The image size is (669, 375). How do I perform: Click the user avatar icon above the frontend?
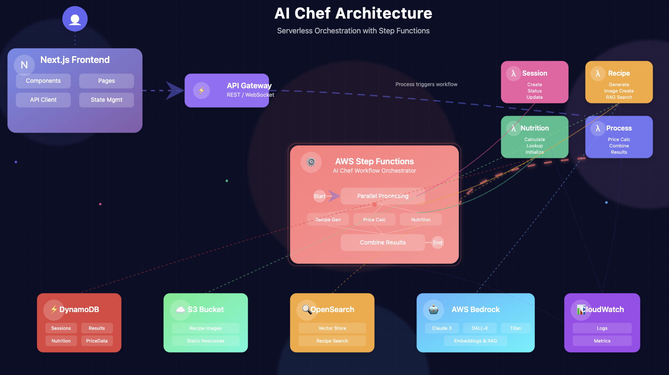pos(75,19)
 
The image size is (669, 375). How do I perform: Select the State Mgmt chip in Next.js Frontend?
pos(106,100)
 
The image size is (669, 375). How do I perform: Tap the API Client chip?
pos(43,100)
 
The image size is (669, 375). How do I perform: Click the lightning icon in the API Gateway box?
pos(202,90)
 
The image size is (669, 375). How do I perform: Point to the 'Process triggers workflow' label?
pos(426,84)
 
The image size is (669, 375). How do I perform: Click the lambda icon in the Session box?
pos(513,73)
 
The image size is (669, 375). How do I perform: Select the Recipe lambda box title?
pos(619,73)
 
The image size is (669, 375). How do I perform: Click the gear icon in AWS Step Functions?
pos(311,162)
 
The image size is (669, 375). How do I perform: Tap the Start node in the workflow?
pos(319,196)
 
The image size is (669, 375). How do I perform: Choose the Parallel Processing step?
pos(383,196)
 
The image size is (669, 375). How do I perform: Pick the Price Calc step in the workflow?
pos(374,220)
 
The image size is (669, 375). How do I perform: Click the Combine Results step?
pos(383,242)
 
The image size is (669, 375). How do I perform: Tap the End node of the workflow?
pos(438,242)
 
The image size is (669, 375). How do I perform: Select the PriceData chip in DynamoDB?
pos(97,341)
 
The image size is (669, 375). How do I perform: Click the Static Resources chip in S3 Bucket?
pos(205,341)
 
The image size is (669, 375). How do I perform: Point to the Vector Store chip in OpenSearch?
pos(332,328)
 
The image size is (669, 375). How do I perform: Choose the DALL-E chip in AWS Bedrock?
pos(480,328)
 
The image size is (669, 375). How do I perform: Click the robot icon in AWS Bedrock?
pos(434,310)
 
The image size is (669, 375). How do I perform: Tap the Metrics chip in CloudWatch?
pos(602,341)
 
